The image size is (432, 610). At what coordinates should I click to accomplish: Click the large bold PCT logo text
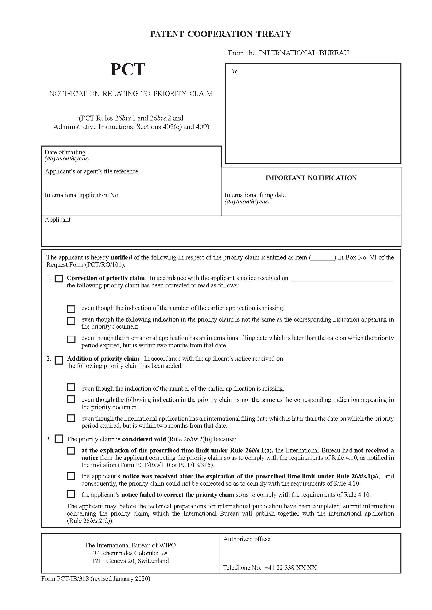[x=128, y=70]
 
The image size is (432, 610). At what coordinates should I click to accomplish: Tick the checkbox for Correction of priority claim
[x=59, y=279]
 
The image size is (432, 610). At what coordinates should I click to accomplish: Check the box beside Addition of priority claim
[x=59, y=360]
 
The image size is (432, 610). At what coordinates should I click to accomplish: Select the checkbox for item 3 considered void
[x=59, y=439]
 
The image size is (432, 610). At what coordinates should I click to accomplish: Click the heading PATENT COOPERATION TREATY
[x=220, y=34]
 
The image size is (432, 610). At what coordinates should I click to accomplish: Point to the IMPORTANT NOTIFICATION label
[x=311, y=178]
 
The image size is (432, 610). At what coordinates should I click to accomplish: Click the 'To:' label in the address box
[x=233, y=71]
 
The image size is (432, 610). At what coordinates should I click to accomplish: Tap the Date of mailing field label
[x=65, y=152]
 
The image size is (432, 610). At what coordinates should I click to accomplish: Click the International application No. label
[x=82, y=195]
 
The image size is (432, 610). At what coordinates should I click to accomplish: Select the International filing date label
[x=255, y=195]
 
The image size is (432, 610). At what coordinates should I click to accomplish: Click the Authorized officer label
[x=247, y=539]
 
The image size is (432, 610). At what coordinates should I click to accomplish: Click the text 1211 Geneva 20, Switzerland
[x=130, y=561]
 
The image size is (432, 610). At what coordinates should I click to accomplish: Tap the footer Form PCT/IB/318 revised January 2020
[x=96, y=578]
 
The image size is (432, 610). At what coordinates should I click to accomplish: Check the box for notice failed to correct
[x=71, y=494]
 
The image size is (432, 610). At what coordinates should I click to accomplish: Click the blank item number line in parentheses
[x=323, y=258]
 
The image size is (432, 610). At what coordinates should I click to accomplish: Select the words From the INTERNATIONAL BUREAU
[x=288, y=53]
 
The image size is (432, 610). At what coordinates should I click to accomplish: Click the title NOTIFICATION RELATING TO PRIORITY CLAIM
[x=131, y=94]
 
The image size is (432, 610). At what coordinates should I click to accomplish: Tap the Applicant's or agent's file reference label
[x=91, y=171]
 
